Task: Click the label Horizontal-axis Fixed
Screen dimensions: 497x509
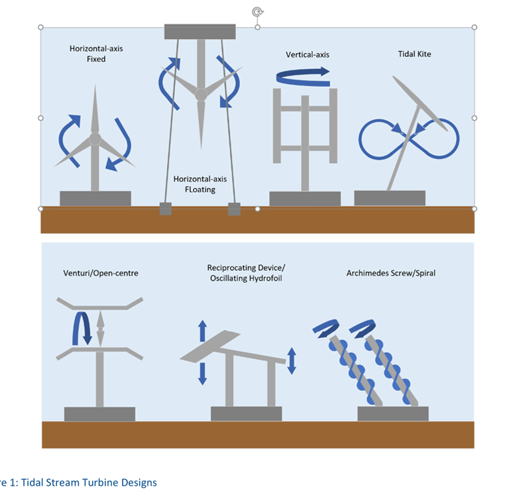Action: (87, 54)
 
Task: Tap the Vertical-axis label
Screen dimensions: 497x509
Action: (308, 55)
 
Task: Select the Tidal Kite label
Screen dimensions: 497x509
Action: (414, 54)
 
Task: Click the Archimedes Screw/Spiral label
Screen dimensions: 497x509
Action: (390, 273)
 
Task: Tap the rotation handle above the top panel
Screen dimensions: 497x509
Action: (257, 11)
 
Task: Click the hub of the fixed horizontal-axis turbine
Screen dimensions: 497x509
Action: (95, 139)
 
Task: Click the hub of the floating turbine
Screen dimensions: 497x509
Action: (199, 94)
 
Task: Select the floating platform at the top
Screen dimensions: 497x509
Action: (199, 31)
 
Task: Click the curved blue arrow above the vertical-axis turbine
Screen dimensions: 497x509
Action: (302, 76)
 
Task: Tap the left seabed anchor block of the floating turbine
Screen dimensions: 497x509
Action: (165, 209)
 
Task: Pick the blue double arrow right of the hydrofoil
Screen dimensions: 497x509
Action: (292, 360)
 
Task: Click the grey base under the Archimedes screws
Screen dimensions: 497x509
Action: (391, 414)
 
